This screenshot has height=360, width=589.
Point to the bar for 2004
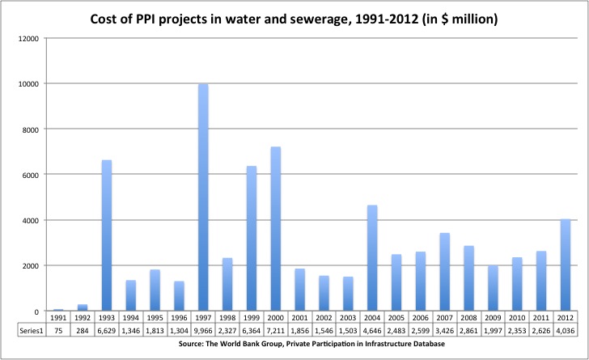(x=372, y=258)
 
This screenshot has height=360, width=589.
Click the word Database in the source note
(x=424, y=345)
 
